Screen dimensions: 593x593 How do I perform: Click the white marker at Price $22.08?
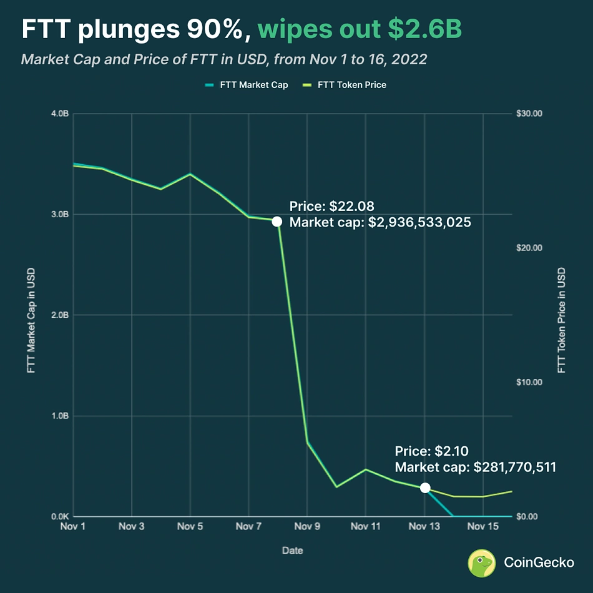277,222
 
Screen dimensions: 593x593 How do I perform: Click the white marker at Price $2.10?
425,488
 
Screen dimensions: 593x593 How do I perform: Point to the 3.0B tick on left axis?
60,214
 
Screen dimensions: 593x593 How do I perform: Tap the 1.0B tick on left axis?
60,416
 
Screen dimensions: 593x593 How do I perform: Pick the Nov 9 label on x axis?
308,527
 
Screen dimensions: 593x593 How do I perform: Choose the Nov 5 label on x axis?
190,527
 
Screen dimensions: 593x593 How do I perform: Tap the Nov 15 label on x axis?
483,527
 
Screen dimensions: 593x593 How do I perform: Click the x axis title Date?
292,551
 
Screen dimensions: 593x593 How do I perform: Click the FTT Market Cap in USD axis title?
31,321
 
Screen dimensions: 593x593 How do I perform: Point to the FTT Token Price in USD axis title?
561,321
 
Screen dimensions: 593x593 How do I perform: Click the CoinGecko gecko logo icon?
482,562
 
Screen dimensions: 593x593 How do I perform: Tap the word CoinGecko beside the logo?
539,562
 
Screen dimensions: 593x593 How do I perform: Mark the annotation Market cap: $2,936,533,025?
380,222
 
